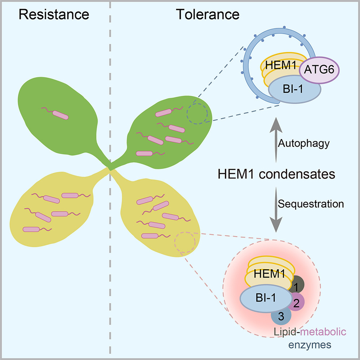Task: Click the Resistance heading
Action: click(54, 15)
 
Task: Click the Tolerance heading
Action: click(207, 15)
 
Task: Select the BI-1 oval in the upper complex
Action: click(294, 93)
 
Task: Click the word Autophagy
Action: click(304, 143)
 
